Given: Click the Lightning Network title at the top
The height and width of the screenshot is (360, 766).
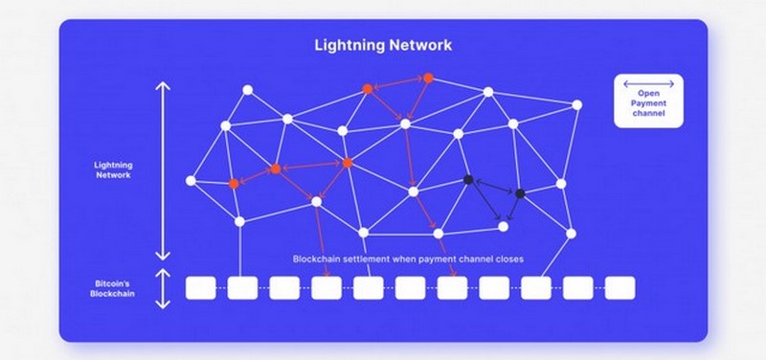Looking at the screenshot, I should [x=383, y=45].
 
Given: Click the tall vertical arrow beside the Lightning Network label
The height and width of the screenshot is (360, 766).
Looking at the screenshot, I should [x=162, y=171].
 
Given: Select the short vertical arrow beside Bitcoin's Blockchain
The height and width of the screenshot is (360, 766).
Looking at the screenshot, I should [x=162, y=288].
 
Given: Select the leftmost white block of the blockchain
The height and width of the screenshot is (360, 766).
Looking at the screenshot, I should [x=198, y=287].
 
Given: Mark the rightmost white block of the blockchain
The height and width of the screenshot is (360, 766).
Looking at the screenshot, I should [x=620, y=287].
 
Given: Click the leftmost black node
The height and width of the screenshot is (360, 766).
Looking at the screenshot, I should [x=468, y=180].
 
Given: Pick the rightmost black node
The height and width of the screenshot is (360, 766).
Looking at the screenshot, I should [x=520, y=193].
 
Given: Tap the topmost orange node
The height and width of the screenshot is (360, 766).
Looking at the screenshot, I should [x=428, y=78].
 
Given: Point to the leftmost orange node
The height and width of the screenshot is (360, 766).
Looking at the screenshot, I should [x=234, y=183].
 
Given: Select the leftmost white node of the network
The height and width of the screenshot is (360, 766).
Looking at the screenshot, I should [x=191, y=180].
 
